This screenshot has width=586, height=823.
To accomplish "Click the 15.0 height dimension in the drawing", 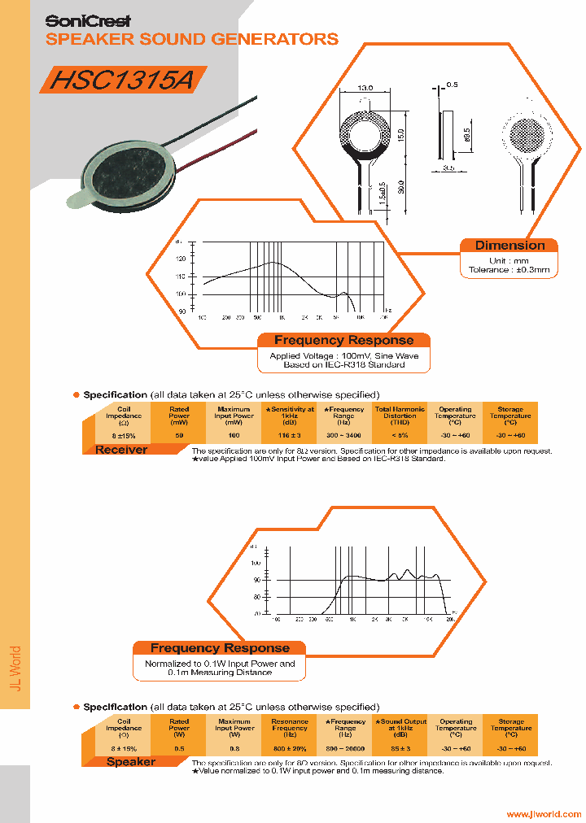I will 400,132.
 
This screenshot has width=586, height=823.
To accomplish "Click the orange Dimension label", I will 509,246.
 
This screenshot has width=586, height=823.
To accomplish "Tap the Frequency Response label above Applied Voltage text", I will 343,341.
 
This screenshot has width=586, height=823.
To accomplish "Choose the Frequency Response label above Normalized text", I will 220,648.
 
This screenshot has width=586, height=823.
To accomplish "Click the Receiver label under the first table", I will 121,450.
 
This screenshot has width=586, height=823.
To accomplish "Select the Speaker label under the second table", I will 130,762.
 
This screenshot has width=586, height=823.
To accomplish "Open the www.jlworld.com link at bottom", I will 544,814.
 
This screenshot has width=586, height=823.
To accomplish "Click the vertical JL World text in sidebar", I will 15,668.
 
